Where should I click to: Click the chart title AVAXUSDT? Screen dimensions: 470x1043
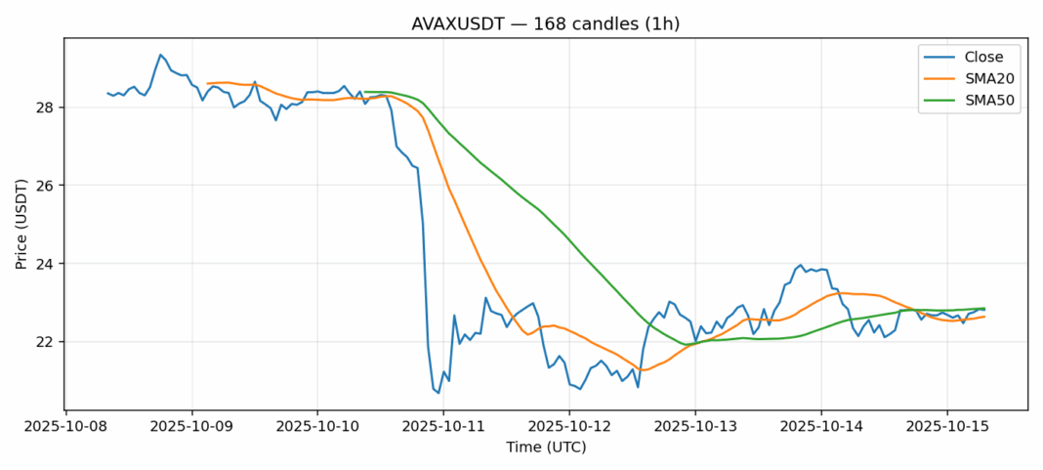pos(546,23)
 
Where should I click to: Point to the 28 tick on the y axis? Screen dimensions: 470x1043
pos(47,107)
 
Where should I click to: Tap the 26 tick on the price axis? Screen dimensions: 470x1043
pos(47,186)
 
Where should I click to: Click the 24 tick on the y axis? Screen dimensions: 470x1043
pos(47,264)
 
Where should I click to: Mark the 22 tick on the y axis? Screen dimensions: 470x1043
pos(47,342)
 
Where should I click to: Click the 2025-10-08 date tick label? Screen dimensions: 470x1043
pos(65,427)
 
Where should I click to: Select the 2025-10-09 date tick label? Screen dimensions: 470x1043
pos(191,427)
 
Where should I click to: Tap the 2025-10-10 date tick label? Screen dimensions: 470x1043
pos(317,427)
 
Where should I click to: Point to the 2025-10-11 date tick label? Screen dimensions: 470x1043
pos(443,427)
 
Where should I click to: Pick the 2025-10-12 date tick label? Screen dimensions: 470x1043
pos(569,427)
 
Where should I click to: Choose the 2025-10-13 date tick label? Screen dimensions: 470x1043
pos(695,427)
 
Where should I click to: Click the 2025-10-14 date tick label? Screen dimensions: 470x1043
pos(821,427)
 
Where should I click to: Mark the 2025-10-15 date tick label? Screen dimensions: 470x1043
pos(947,427)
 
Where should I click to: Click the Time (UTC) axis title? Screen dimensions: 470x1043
pos(546,448)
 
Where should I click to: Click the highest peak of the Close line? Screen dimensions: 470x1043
pos(160,55)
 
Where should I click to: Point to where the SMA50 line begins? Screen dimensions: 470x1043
pos(365,92)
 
